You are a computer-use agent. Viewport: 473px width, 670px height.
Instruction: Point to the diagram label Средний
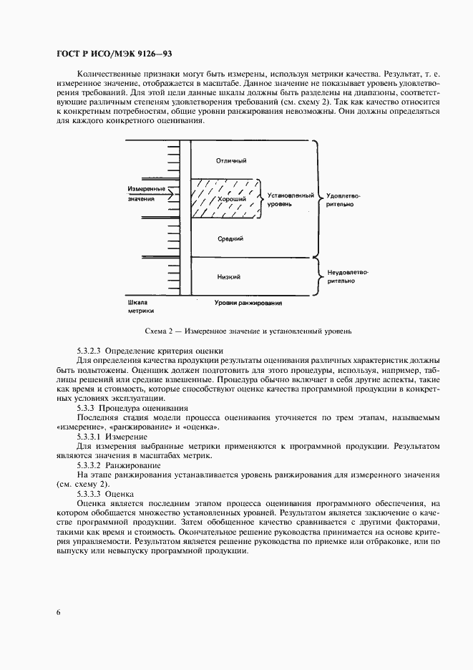231,238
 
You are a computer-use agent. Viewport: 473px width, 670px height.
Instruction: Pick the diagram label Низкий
228,276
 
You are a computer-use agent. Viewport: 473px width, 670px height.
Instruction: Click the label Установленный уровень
290,199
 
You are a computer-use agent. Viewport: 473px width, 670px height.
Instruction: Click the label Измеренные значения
145,193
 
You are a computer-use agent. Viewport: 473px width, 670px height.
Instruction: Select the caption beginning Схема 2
248,331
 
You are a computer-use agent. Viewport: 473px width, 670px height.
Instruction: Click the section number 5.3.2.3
89,351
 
